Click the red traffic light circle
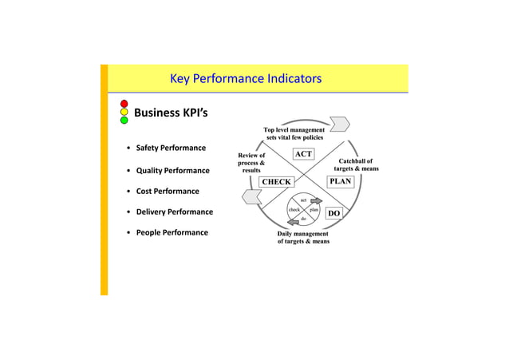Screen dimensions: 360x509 point(124,104)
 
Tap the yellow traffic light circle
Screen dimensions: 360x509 point(124,113)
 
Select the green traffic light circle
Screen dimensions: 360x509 point(124,121)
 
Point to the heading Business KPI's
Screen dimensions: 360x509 point(171,113)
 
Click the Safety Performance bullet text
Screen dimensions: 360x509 point(171,148)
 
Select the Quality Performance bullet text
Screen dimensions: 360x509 point(172,171)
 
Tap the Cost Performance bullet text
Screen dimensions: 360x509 point(168,192)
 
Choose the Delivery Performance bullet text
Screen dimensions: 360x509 point(174,212)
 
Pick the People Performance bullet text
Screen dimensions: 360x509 point(172,233)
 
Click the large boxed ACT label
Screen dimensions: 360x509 point(303,154)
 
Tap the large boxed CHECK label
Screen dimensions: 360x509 point(276,182)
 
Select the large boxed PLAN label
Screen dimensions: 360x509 point(340,181)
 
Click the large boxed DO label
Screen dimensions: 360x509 point(334,214)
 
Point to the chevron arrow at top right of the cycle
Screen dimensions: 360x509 point(339,123)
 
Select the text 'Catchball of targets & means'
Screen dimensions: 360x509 point(356,165)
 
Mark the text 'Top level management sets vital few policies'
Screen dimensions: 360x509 point(294,133)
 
